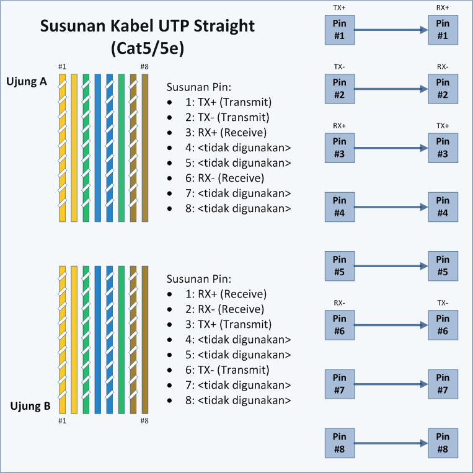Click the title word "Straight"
click(217, 27)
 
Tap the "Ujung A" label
click(27, 81)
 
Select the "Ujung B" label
click(30, 407)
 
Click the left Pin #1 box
click(340, 30)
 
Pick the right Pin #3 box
click(443, 148)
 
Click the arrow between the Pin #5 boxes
click(391, 266)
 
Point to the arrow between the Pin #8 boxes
click(391, 443)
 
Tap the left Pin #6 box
click(340, 325)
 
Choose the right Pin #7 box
click(443, 384)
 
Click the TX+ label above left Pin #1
click(339, 8)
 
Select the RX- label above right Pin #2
click(443, 66)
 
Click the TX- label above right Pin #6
click(443, 303)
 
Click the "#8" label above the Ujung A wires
click(144, 67)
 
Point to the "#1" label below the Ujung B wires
click(62, 421)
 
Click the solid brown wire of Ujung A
click(145, 148)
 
